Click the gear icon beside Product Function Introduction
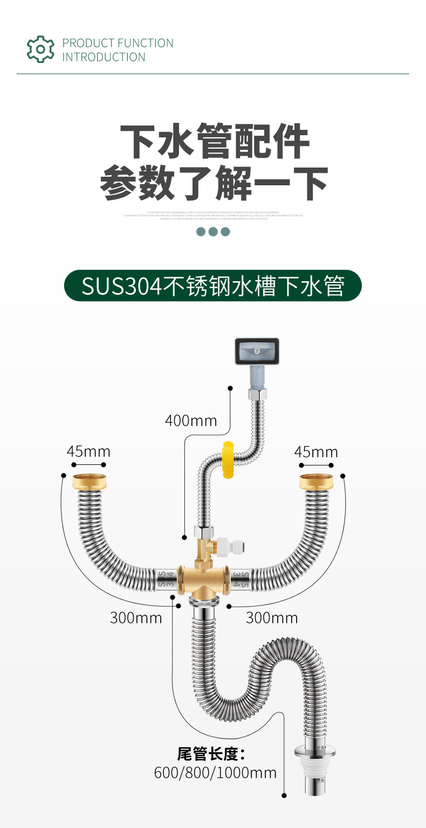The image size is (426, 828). click(x=40, y=49)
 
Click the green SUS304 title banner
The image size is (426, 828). click(x=212, y=286)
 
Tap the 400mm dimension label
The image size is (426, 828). click(x=191, y=420)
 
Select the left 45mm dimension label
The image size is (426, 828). click(x=88, y=451)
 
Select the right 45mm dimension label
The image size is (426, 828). click(x=316, y=451)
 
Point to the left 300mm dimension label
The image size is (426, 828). click(x=136, y=617)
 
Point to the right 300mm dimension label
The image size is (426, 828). click(x=272, y=617)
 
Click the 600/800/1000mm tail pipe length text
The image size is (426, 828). click(x=215, y=773)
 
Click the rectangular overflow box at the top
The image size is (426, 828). click(x=257, y=351)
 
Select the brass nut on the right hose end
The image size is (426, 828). click(x=316, y=481)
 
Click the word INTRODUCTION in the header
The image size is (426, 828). click(x=104, y=57)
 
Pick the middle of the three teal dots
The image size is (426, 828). click(x=213, y=232)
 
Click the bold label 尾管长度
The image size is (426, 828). click(x=211, y=754)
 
